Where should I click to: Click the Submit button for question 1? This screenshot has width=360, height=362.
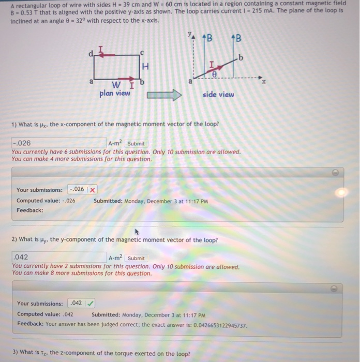tap(136, 143)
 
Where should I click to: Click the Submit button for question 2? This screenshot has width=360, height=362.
tap(136, 258)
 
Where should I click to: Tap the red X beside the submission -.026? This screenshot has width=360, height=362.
tap(92, 190)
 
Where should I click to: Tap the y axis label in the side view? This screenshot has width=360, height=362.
tap(189, 36)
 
